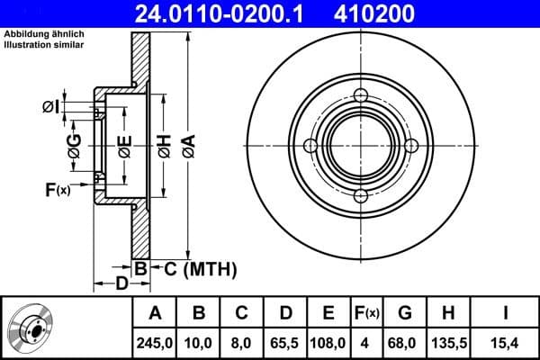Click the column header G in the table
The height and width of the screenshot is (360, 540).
404,312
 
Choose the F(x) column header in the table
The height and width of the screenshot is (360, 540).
366,312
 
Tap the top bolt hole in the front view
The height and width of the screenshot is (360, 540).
361,97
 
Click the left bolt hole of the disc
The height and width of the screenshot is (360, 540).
310,147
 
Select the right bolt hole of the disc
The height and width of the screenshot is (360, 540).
411,147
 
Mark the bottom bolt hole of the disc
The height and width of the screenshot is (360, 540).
361,197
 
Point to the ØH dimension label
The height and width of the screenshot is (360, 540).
164,144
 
